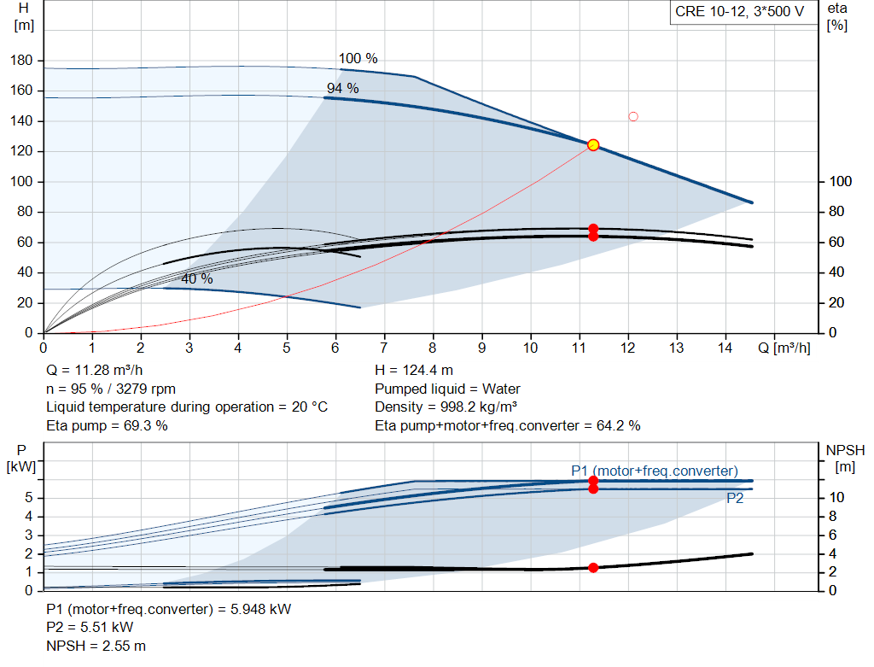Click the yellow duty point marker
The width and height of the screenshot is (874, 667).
point(593,145)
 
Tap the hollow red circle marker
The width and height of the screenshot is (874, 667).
point(633,116)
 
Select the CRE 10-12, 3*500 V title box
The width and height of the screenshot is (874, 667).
point(740,12)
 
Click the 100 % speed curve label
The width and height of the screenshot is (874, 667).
point(358,59)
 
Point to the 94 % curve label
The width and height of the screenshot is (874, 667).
point(343,88)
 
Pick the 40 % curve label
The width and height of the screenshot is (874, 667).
point(197,279)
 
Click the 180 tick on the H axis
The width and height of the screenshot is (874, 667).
point(21,61)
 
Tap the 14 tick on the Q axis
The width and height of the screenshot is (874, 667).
point(725,348)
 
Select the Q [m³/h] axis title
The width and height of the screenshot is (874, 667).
point(784,348)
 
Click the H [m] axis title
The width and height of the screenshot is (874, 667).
point(24,17)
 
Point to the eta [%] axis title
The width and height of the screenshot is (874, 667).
point(837,17)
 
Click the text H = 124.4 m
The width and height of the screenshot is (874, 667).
point(414,371)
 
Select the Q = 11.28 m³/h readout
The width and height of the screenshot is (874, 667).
point(94,371)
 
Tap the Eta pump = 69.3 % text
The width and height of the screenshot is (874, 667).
point(107,426)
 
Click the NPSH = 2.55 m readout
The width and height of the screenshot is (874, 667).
point(96,646)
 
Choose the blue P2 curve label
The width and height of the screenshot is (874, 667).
point(735,499)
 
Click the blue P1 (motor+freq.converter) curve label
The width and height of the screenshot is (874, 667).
point(655,471)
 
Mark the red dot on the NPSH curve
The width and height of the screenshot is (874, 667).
point(593,568)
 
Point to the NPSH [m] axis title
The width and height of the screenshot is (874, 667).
point(845,459)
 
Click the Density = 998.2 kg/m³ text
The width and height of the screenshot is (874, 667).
point(446,407)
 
